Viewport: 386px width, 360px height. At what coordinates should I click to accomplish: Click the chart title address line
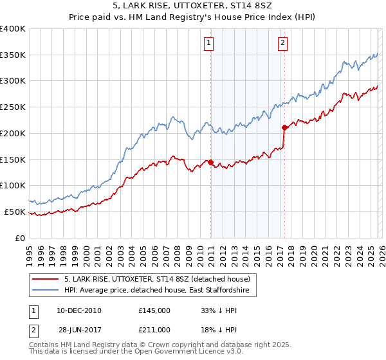193,6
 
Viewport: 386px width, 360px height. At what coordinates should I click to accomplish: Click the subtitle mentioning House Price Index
193,17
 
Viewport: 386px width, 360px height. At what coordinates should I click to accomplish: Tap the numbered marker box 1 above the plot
210,43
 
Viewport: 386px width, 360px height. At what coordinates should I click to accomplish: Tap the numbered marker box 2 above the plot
282,43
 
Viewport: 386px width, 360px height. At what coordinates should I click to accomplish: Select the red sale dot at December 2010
210,162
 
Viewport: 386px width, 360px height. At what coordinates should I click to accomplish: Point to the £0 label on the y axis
19,238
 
